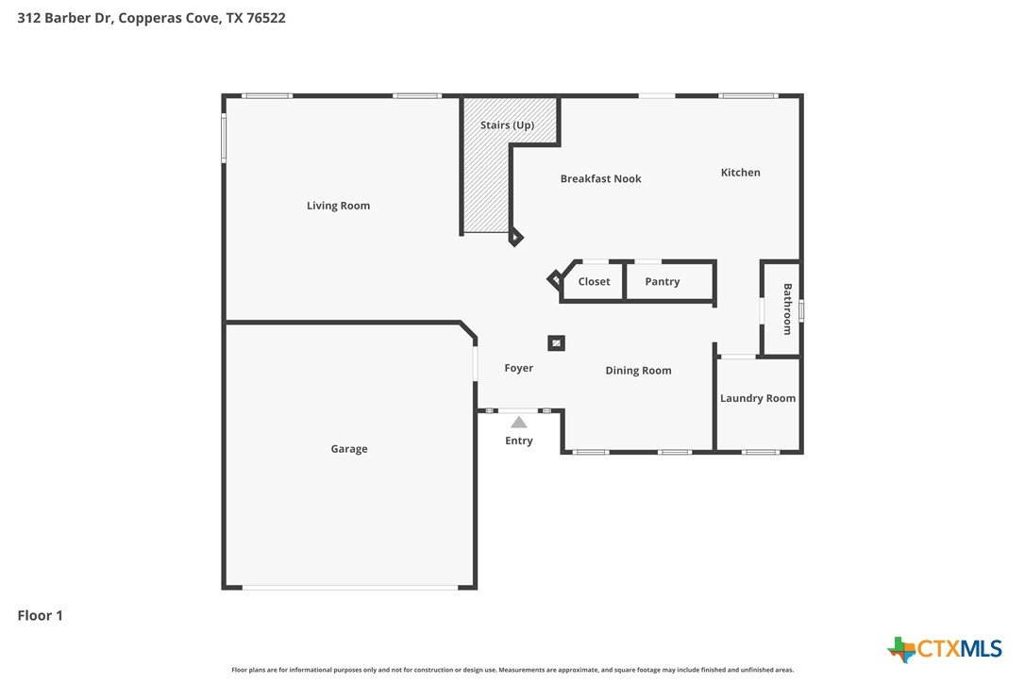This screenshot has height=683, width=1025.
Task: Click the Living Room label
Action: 338,206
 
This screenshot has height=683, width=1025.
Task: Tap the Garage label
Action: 349,449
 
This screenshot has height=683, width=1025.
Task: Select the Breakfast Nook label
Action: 601,178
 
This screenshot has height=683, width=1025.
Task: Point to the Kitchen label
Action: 741,173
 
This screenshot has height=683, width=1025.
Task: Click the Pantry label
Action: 663,282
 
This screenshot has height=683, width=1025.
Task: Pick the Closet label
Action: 594,282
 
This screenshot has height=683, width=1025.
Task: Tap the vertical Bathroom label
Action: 788,309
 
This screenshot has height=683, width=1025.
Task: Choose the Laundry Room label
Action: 758,398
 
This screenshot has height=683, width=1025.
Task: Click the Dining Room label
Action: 638,371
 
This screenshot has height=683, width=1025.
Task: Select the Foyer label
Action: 518,368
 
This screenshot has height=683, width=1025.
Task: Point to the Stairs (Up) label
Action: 507,125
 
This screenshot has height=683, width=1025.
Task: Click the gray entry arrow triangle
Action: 518,423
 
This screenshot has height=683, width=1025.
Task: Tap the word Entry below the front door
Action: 518,441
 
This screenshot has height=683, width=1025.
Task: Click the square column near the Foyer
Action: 556,343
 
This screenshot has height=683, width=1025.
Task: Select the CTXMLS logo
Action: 944,649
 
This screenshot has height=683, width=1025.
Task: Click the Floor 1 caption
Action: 40,615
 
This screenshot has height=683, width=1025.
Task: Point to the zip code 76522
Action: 266,18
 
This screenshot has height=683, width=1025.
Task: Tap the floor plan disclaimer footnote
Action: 512,669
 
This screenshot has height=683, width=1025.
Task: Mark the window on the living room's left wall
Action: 224,138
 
